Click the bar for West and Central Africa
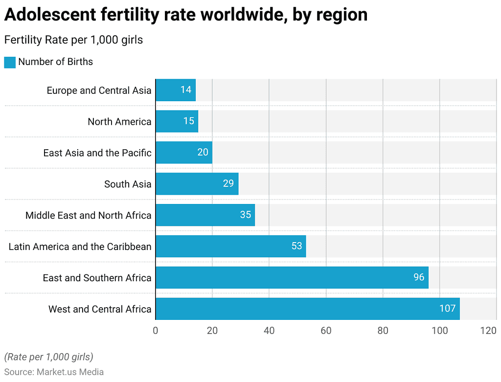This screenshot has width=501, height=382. (x=307, y=309)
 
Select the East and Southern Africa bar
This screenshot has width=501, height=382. (x=292, y=277)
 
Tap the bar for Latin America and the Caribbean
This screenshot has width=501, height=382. (x=230, y=246)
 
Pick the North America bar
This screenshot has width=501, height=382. (x=177, y=121)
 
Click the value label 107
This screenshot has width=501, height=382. (x=447, y=309)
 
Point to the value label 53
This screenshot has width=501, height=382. (x=296, y=246)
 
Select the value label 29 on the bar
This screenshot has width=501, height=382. (x=228, y=184)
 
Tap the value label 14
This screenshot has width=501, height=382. (x=186, y=90)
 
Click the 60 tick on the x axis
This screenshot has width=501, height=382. (x=326, y=331)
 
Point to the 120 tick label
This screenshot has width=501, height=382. (x=489, y=331)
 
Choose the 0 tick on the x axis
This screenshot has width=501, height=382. (x=156, y=331)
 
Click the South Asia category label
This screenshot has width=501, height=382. (x=128, y=184)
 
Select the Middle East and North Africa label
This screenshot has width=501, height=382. (x=89, y=216)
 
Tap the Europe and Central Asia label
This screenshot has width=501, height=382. (x=99, y=90)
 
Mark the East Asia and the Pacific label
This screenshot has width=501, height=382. (x=97, y=153)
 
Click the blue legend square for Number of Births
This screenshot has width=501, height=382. (x=10, y=62)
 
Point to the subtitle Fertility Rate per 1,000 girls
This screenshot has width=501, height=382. (x=73, y=40)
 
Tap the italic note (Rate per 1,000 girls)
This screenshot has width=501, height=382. (x=48, y=357)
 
